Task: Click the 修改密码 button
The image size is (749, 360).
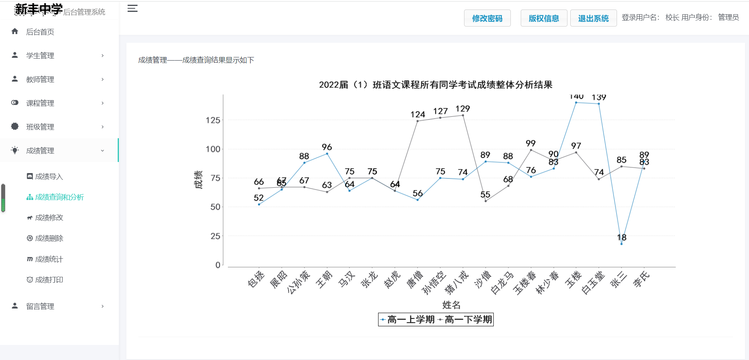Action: coord(487,18)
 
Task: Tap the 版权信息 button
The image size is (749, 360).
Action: coord(544,18)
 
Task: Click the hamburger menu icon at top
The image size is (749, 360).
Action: coord(132,9)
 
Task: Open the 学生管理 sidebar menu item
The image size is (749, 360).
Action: coord(40,55)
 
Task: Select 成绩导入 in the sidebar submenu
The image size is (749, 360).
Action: coord(49,177)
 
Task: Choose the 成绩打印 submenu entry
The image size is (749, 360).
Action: coord(49,280)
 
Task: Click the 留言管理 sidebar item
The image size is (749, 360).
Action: coord(40,306)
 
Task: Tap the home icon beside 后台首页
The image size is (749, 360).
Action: coord(15,31)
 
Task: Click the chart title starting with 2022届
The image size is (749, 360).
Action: coord(436,85)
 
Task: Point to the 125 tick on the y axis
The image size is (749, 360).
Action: coord(213,120)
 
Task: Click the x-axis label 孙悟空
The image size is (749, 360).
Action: coord(434,282)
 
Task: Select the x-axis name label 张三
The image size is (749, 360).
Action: coord(618,280)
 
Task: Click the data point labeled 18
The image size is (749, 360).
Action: coord(621,244)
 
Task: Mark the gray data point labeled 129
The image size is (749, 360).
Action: coord(463,115)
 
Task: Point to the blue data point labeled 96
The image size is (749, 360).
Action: coord(327,154)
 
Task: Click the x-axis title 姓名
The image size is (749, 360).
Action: coord(451,305)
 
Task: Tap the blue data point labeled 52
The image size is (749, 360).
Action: coord(259,204)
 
